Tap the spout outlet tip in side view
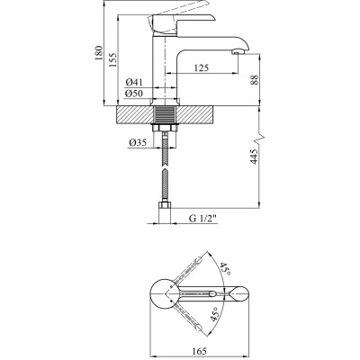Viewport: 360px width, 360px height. click(x=238, y=54)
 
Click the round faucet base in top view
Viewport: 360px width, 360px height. click(x=165, y=293)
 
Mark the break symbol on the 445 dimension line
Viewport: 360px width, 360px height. click(x=261, y=141)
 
